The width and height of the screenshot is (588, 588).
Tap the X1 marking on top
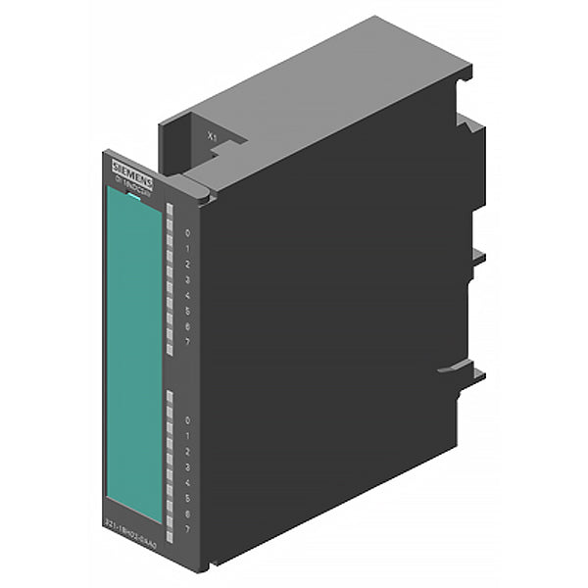[211, 138]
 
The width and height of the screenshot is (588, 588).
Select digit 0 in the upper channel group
[186, 233]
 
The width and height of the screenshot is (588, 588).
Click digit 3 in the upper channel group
[186, 279]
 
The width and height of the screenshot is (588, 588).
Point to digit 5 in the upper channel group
[186, 310]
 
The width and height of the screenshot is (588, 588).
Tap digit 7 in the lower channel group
[186, 528]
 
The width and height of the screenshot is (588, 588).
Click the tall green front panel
[134, 353]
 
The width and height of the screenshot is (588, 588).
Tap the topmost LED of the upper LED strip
[170, 209]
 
